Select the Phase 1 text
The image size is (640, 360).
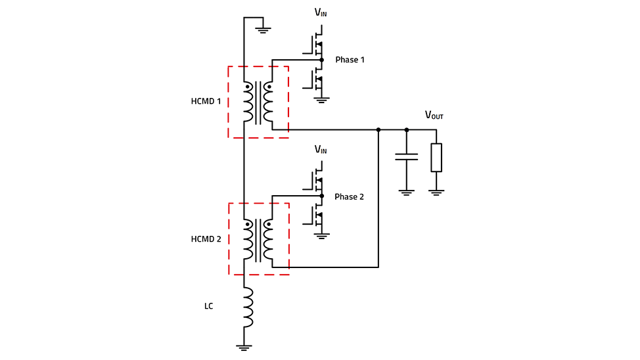pos(350,60)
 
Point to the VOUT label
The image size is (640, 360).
pos(434,115)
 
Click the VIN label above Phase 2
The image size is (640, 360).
pos(321,150)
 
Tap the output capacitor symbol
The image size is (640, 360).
pos(406,157)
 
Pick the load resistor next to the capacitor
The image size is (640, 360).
pos(436,158)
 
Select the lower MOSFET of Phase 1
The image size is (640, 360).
pos(314,79)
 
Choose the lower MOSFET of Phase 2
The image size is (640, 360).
pos(314,215)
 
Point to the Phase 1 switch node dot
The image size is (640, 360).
pos(321,60)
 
